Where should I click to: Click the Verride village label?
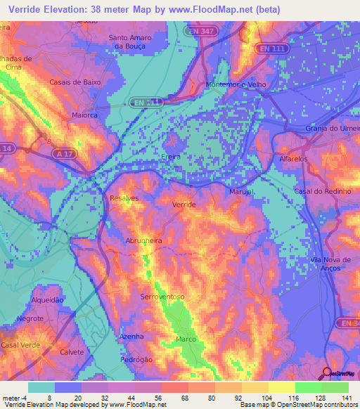pos(184,204)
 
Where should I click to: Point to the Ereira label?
pos(171,157)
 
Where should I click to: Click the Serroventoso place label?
pos(162,297)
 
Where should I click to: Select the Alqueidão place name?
pos(49,299)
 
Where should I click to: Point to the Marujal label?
pos(241,192)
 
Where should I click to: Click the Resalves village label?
pos(124,199)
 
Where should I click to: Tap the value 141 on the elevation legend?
pos(347,398)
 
